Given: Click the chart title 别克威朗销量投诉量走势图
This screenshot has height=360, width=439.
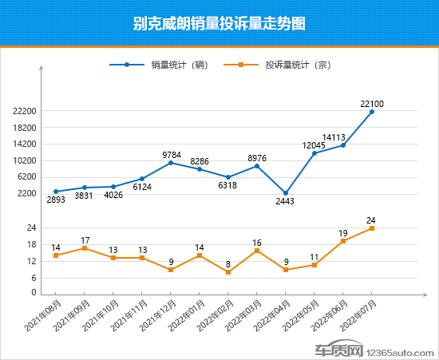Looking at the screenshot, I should tap(219, 24).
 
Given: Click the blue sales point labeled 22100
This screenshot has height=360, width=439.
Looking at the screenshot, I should tap(372, 112).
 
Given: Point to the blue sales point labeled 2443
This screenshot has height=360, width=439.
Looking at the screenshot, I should tap(286, 193).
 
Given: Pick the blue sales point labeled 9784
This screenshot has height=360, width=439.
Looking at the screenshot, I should tap(171, 163).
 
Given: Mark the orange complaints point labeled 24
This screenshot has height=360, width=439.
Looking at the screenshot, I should tap(372, 228).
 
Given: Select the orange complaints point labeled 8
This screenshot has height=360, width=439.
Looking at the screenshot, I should tap(228, 272).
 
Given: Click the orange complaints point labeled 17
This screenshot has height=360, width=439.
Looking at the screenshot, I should tap(85, 248).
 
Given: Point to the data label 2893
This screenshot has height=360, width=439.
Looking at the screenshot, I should tap(56, 200).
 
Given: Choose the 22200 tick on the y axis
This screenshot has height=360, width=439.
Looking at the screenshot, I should tap(26, 112).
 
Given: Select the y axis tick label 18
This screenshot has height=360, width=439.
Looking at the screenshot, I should tap(31, 245).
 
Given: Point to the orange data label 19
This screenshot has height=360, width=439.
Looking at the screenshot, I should tap(343, 233).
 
